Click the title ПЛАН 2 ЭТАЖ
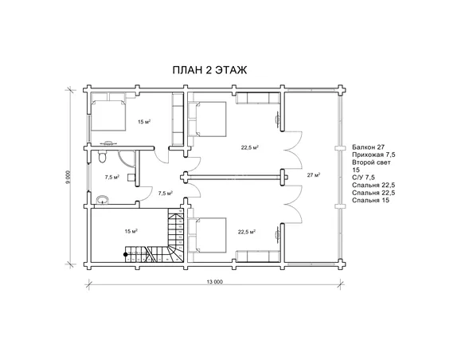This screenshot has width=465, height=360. pyautogui.click(x=209, y=70)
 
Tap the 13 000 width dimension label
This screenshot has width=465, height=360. pyautogui.click(x=215, y=282)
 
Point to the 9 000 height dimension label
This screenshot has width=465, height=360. pyautogui.click(x=68, y=178)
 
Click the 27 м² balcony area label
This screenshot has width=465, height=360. pyautogui.click(x=314, y=175)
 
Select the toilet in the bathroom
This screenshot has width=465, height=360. pyautogui.click(x=102, y=156)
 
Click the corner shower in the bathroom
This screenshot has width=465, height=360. pyautogui.click(x=127, y=158)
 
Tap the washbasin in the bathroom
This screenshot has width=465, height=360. pyautogui.click(x=103, y=199)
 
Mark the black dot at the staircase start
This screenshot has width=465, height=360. pyautogui.click(x=126, y=254)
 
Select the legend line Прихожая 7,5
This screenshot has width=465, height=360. pyautogui.click(x=373, y=155)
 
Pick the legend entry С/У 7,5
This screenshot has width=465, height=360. pyautogui.click(x=363, y=178)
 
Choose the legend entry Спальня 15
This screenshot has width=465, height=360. pyautogui.click(x=371, y=200)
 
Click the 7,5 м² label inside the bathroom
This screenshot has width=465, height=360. pyautogui.click(x=111, y=178)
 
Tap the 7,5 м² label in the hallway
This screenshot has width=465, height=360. pyautogui.click(x=165, y=193)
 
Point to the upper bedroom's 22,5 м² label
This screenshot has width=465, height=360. pyautogui.click(x=250, y=147)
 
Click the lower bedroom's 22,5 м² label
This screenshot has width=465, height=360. pyautogui.click(x=247, y=232)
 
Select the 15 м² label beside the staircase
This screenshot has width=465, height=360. pyautogui.click(x=131, y=231)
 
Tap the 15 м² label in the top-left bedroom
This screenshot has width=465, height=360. pyautogui.click(x=144, y=121)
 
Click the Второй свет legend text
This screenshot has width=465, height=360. pyautogui.click(x=371, y=162)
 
